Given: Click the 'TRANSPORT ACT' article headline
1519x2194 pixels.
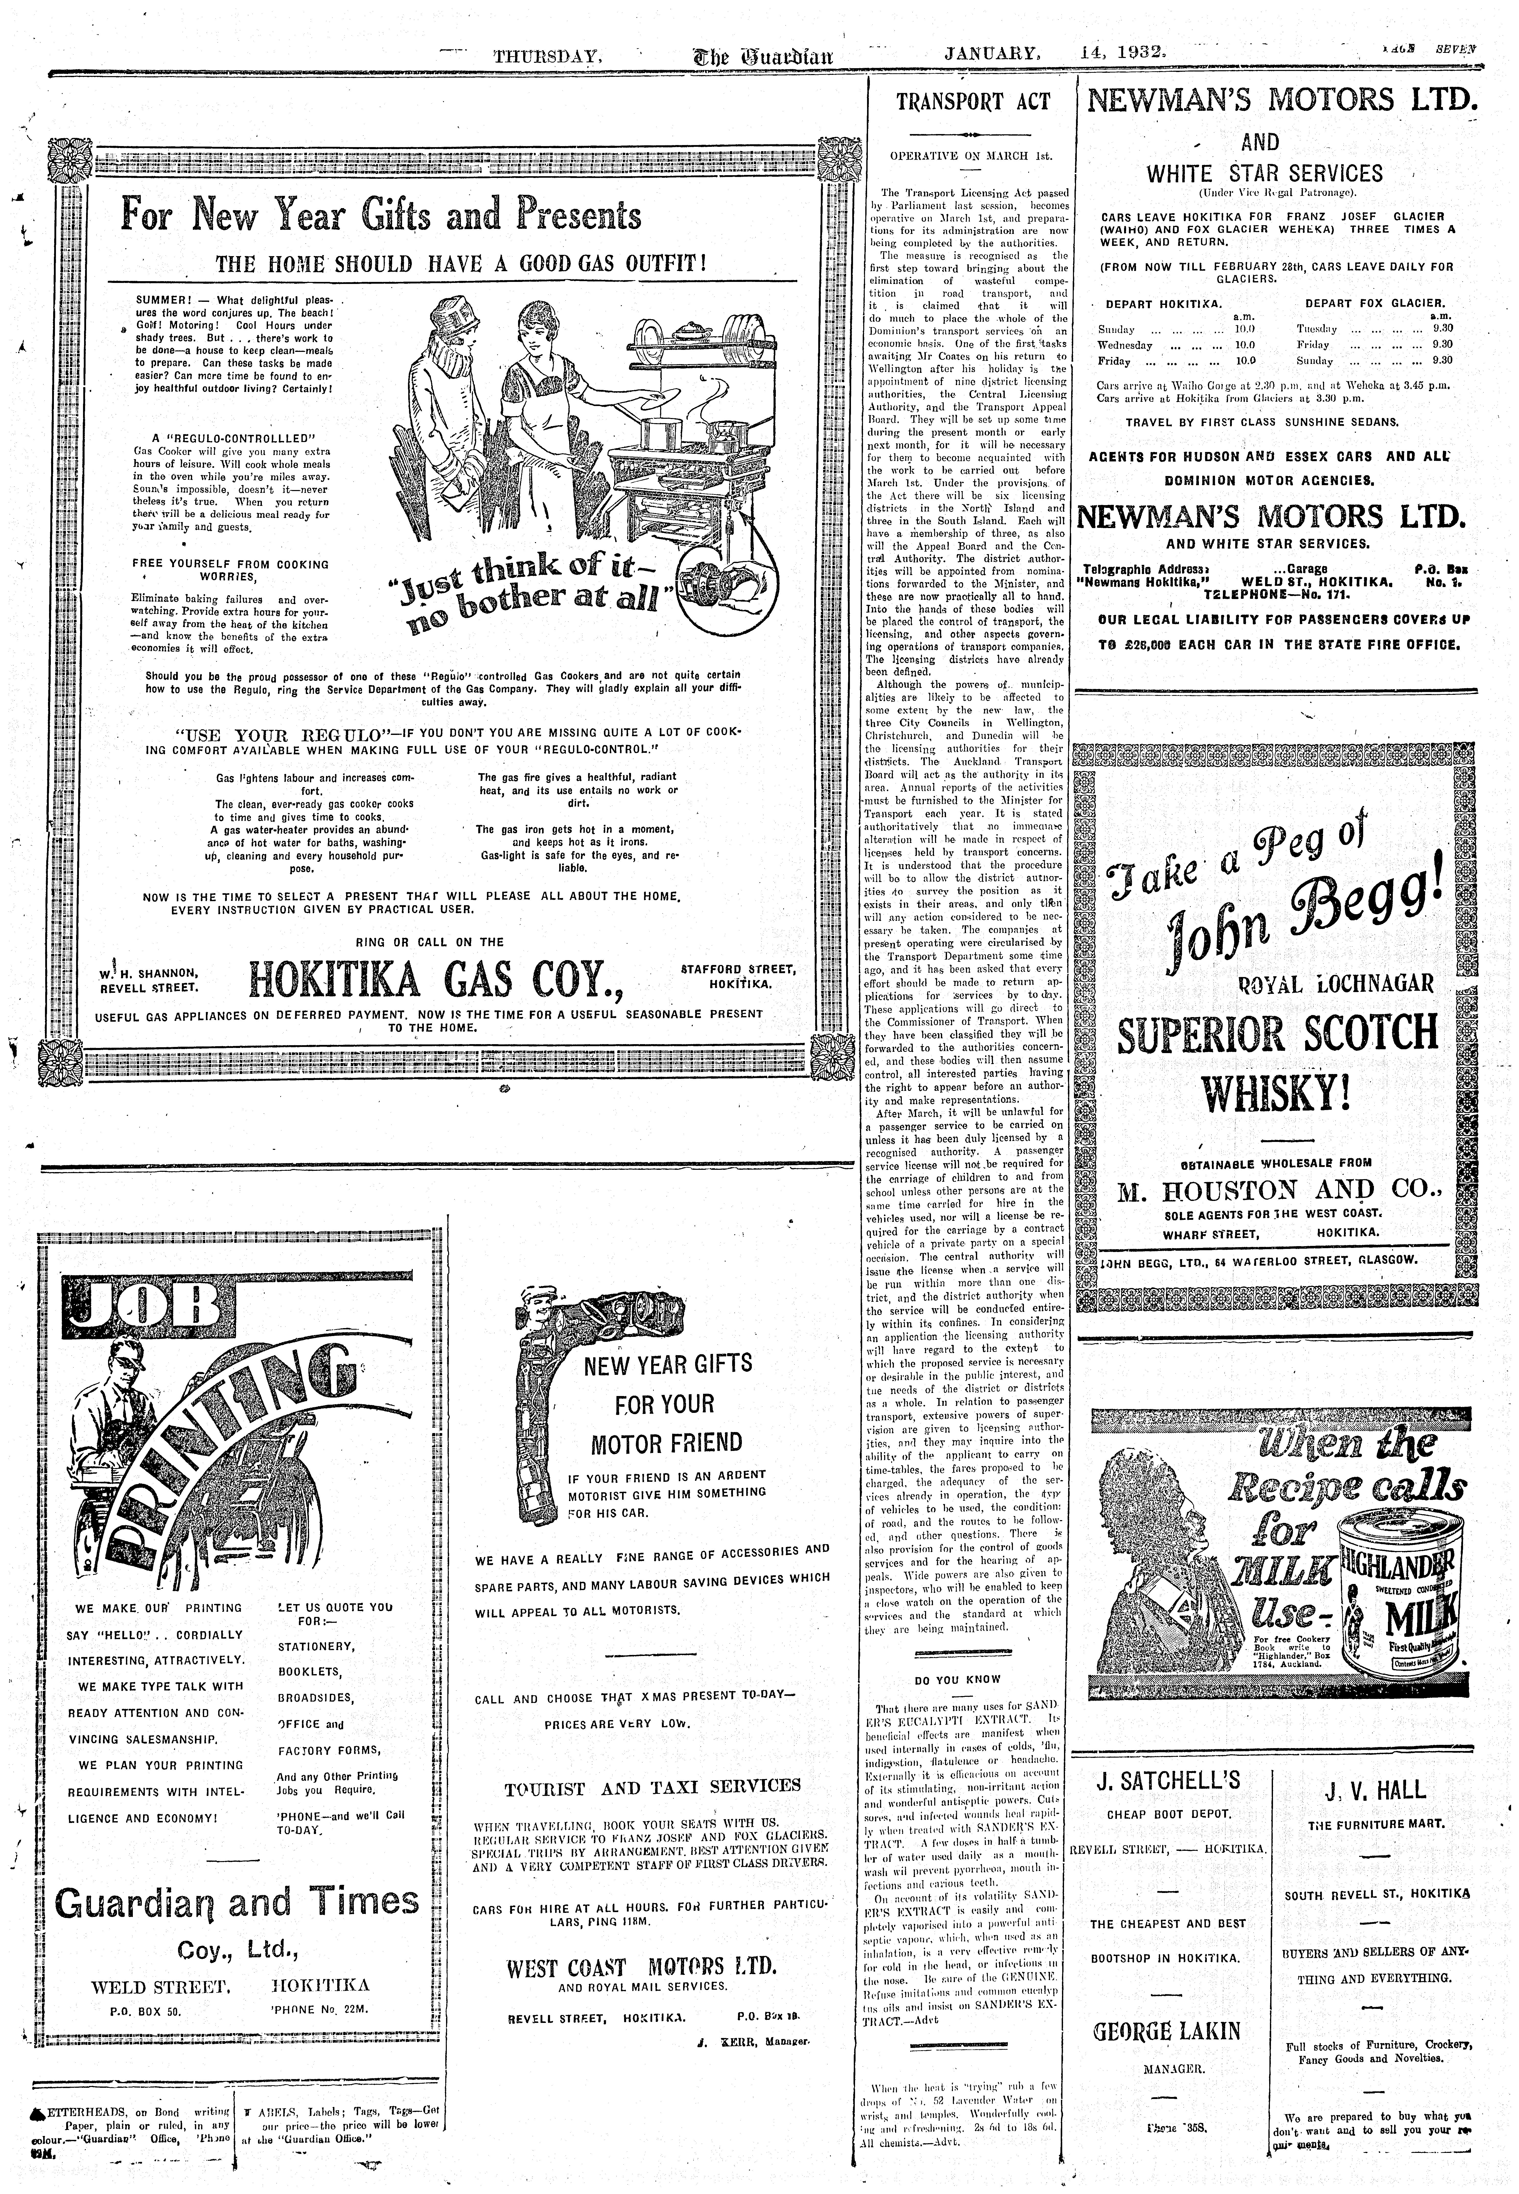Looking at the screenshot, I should [973, 102].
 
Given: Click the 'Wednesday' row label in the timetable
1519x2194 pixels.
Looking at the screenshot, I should [1125, 345].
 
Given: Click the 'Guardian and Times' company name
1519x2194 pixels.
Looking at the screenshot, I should [237, 1903].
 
